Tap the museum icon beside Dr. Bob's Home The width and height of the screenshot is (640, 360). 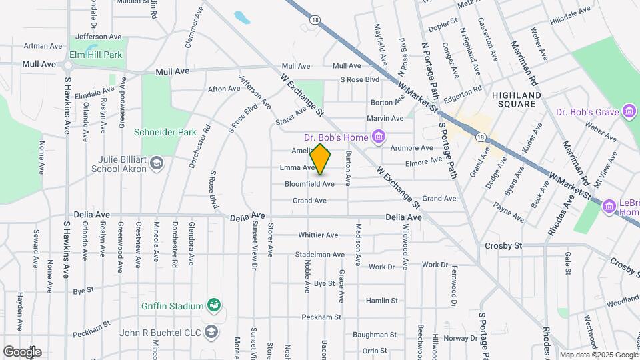pos(379,137)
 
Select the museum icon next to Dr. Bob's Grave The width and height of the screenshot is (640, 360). pos(629,111)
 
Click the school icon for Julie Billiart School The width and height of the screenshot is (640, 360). pos(157,163)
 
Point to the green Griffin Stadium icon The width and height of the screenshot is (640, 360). pos(214,305)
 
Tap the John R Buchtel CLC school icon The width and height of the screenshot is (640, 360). pos(211,331)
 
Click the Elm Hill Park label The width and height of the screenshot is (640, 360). pos(96,55)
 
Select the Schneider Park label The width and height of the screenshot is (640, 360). pos(165,132)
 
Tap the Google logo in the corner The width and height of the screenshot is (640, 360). pos(22,351)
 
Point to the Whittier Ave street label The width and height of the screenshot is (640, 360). pos(318,235)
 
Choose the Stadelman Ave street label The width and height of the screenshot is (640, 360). pos(320,255)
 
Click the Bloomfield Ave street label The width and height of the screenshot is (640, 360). pos(309,183)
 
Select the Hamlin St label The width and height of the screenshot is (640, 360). pos(381,301)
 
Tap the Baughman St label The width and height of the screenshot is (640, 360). pos(375,335)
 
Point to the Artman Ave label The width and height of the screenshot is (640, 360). pos(43,46)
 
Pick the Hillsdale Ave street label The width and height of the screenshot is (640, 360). pos(570,15)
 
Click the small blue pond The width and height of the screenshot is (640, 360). pos(242,17)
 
